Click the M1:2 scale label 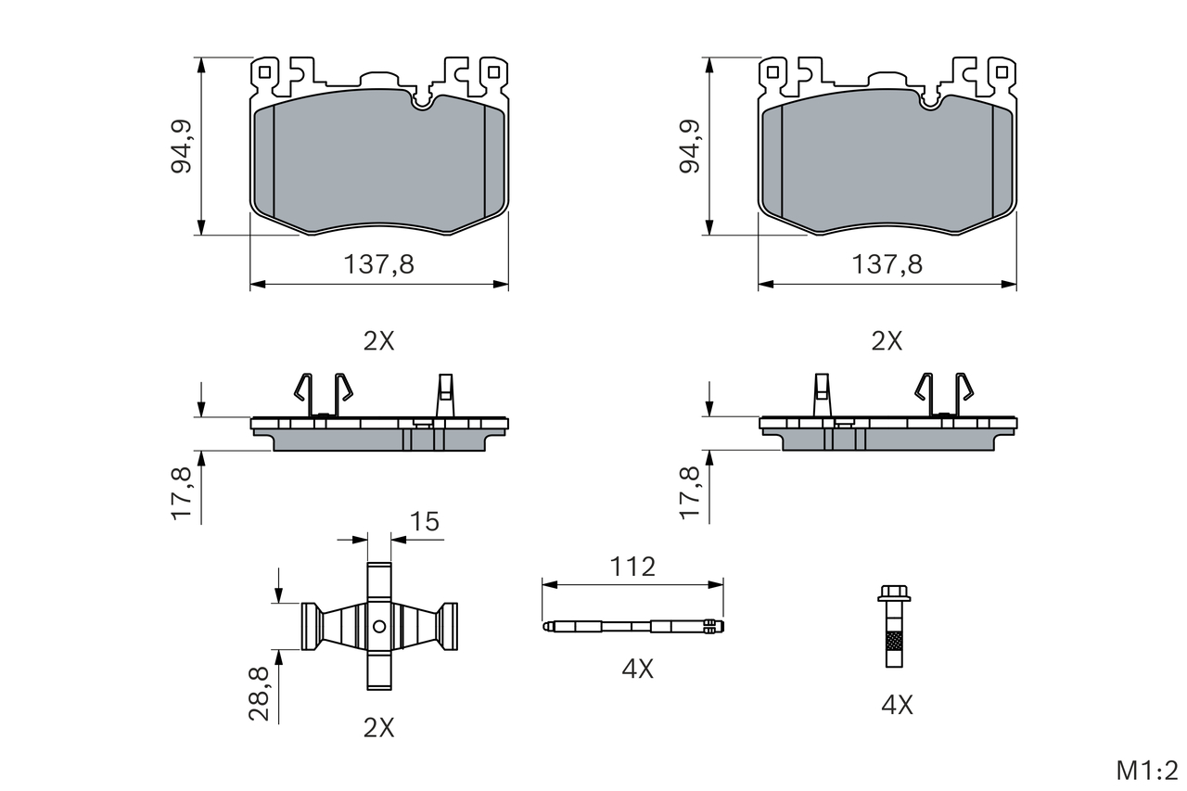coord(1147,771)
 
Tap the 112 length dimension coord(632,567)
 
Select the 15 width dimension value coord(425,522)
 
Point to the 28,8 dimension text coord(259,694)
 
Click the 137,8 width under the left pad coord(379,264)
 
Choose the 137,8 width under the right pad coord(887,264)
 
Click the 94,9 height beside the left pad coord(181,147)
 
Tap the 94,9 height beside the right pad coord(689,147)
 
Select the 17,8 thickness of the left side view coord(181,492)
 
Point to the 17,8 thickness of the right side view coord(689,492)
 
